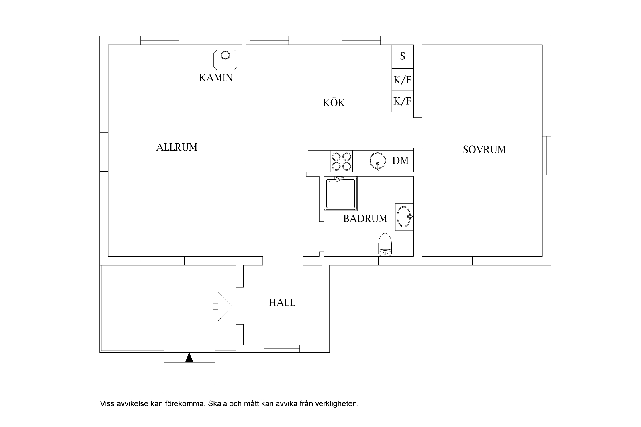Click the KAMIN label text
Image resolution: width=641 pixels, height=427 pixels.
pyautogui.click(x=216, y=78)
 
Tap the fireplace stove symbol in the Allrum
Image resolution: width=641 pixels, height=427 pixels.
pyautogui.click(x=225, y=59)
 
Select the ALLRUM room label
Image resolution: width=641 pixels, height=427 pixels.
pyautogui.click(x=177, y=147)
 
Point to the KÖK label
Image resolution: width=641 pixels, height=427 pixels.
pyautogui.click(x=334, y=102)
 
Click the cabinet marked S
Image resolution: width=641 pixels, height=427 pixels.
pyautogui.click(x=403, y=56)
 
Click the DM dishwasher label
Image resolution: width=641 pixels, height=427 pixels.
pyautogui.click(x=400, y=161)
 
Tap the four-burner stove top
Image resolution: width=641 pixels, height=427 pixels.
pyautogui.click(x=342, y=161)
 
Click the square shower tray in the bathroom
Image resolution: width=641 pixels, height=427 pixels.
pyautogui.click(x=341, y=193)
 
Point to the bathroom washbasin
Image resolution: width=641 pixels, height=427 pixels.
pyautogui.click(x=404, y=217)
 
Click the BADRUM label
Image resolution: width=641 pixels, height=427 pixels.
pyautogui.click(x=365, y=219)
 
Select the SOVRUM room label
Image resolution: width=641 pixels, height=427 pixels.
pyautogui.click(x=484, y=149)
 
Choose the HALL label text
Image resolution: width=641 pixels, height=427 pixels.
pyautogui.click(x=282, y=303)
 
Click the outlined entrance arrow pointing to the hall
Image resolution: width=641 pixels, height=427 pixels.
pyautogui.click(x=222, y=307)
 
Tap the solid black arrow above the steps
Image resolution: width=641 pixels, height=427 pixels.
pyautogui.click(x=189, y=357)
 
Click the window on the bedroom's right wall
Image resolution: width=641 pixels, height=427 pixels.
pyautogui.click(x=547, y=155)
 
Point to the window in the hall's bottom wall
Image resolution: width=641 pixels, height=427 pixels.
pyautogui.click(x=282, y=349)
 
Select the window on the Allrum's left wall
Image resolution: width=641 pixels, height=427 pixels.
pyautogui.click(x=104, y=152)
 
